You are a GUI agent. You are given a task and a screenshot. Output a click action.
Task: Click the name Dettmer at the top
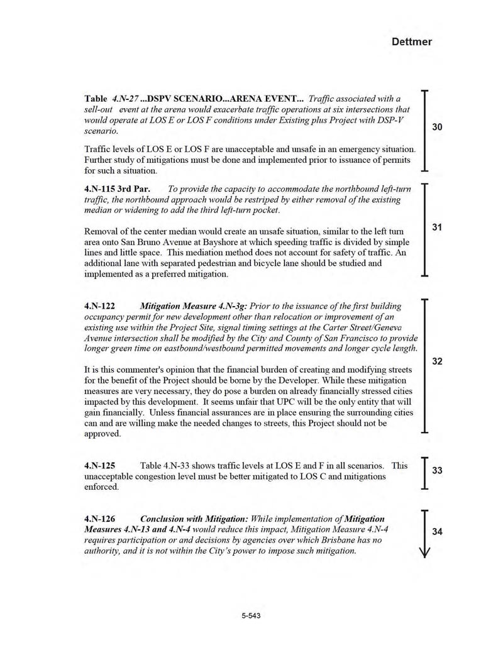[412, 42]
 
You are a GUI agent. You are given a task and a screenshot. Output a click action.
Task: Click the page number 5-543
[251, 615]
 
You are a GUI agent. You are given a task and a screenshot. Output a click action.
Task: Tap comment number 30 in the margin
[438, 127]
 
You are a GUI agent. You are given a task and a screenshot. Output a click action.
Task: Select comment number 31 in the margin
[438, 227]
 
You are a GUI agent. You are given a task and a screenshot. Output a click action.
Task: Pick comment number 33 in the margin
[438, 471]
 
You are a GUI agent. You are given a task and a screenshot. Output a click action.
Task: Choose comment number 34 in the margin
[438, 532]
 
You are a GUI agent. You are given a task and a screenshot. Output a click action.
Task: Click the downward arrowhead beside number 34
[426, 552]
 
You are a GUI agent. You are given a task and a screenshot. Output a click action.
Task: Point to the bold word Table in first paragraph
[96, 99]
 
